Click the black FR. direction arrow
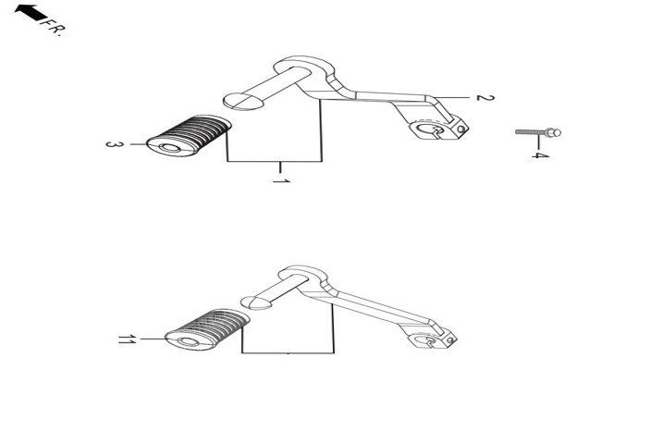(31, 12)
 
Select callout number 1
(281, 181)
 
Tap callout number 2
(485, 98)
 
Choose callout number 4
(540, 154)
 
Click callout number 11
(127, 339)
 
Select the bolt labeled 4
(538, 132)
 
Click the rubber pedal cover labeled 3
(189, 135)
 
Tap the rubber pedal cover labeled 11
(206, 329)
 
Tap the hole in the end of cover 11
(189, 342)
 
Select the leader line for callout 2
(450, 97)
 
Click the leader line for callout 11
(153, 339)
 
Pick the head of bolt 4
(554, 132)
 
